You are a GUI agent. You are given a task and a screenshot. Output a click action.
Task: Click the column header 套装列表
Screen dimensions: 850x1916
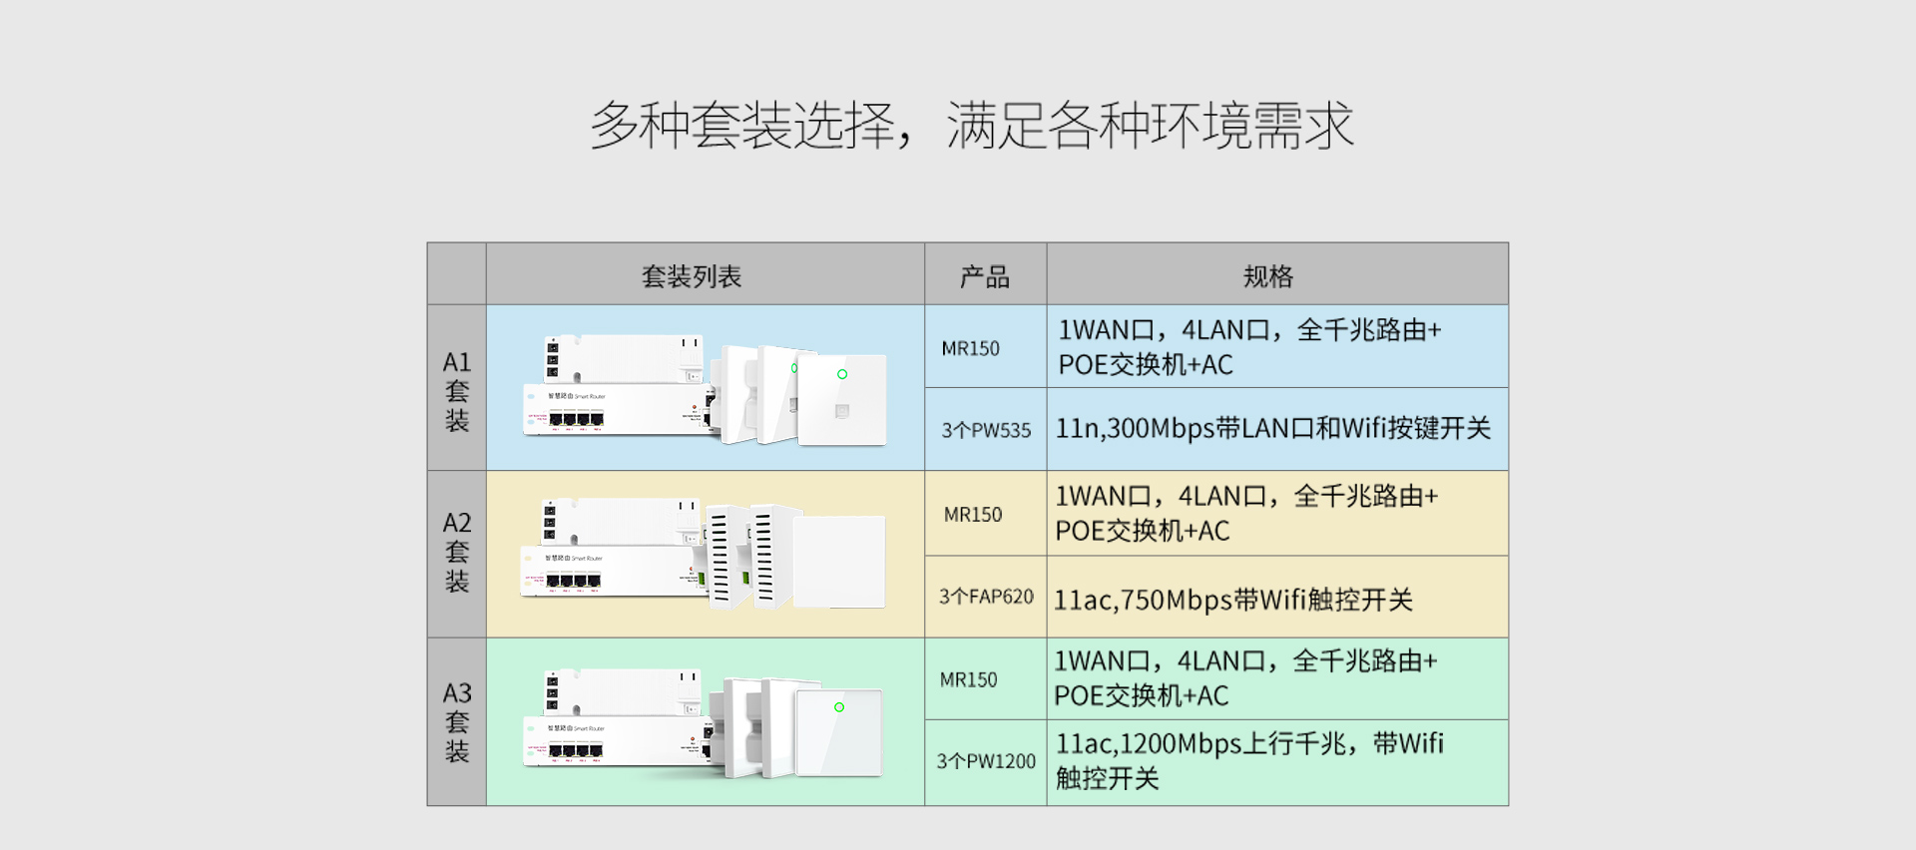(692, 276)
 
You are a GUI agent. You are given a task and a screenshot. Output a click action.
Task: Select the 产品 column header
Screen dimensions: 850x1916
(985, 276)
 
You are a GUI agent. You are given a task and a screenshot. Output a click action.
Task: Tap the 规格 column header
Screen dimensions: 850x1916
(1268, 276)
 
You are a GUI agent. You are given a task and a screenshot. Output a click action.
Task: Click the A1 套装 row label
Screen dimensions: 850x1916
(457, 390)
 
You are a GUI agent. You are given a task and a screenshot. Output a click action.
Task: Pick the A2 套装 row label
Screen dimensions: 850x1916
(457, 552)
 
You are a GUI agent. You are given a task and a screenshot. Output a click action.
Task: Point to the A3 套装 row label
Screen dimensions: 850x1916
(457, 721)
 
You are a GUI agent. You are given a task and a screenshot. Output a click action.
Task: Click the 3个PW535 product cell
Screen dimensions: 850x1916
(986, 430)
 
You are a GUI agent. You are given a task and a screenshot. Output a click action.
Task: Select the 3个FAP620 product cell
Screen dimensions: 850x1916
(986, 597)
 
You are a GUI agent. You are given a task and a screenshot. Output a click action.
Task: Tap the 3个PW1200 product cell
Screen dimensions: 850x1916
(986, 761)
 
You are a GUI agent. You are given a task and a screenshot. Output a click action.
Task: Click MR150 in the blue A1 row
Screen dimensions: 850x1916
(970, 348)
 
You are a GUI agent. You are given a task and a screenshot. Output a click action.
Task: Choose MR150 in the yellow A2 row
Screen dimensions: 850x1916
(973, 515)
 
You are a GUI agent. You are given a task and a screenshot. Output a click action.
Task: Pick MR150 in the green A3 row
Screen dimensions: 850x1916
(968, 679)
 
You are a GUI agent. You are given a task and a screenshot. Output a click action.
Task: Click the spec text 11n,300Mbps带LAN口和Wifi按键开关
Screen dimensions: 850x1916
(1273, 429)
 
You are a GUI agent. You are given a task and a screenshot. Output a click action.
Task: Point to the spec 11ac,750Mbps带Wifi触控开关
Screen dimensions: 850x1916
(1233, 600)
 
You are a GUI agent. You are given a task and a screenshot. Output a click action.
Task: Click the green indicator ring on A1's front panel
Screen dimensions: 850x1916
(842, 374)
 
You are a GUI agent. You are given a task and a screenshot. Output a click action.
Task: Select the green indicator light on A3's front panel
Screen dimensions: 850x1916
(839, 707)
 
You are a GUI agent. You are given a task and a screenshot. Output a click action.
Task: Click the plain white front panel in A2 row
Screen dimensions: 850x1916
(839, 562)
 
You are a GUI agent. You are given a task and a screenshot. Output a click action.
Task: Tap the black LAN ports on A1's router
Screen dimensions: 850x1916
(576, 420)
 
